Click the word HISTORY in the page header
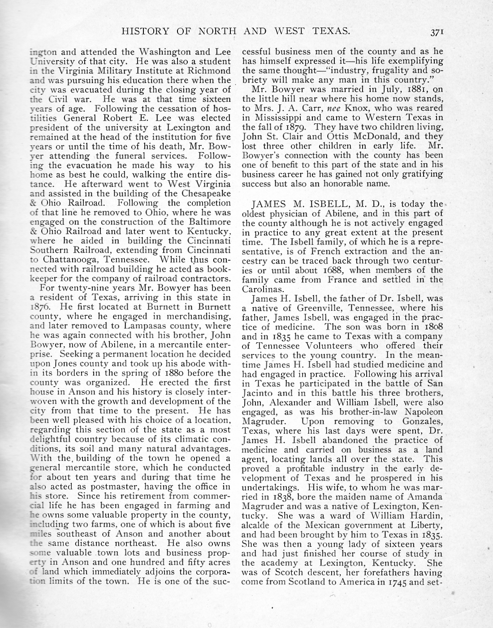[x=142, y=31]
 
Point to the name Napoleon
[x=424, y=412]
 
